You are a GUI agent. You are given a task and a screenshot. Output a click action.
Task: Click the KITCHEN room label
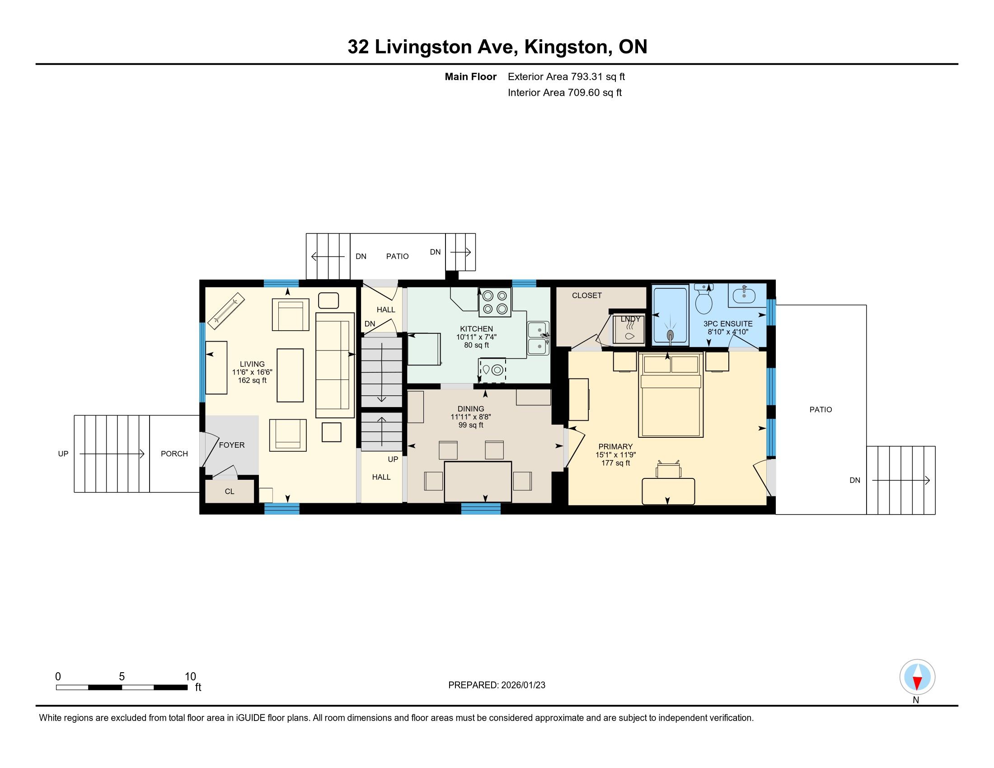pos(476,328)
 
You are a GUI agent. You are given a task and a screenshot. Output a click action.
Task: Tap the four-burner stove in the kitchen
pos(495,302)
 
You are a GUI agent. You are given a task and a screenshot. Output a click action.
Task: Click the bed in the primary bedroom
pos(670,394)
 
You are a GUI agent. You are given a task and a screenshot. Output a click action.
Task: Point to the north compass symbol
pos(917,677)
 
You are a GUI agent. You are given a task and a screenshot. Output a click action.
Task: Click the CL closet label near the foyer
pos(230,492)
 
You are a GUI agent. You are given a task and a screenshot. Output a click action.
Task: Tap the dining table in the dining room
pos(478,482)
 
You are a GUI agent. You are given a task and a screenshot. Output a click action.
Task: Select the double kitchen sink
pos(539,338)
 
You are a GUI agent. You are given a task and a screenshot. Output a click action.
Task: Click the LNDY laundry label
pos(630,319)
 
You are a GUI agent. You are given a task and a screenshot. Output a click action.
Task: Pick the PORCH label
pos(174,454)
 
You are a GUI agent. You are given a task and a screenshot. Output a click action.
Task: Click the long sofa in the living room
pos(335,365)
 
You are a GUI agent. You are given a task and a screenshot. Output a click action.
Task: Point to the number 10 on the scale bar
pos(190,677)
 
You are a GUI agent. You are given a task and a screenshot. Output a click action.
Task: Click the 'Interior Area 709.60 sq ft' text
pos(564,93)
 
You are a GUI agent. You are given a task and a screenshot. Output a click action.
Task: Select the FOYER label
pos(232,445)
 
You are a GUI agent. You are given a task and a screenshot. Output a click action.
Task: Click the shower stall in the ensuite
pos(670,315)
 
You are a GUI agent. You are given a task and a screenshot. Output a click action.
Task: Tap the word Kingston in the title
pos(566,47)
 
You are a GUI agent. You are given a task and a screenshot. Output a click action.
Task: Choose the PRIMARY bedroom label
pos(615,446)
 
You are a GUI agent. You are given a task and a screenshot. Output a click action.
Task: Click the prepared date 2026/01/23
pos(523,685)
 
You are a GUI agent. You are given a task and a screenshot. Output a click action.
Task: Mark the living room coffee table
pos(291,375)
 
